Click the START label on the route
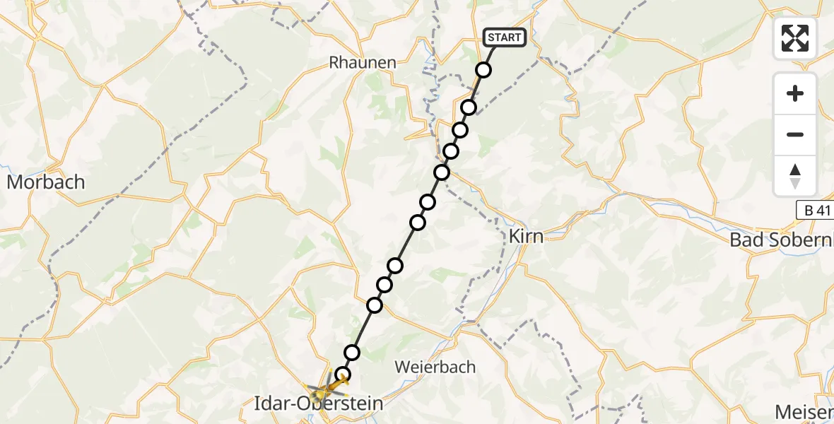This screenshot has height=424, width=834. click(x=505, y=37)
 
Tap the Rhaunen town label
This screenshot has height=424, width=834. click(x=363, y=62)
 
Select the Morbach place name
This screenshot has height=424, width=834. click(x=45, y=182)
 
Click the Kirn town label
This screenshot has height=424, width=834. click(x=527, y=236)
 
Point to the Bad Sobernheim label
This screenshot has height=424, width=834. click(x=781, y=240)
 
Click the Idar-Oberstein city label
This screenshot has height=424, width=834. click(x=318, y=405)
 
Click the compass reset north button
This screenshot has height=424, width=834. click(x=795, y=176)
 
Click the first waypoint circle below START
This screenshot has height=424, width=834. click(x=483, y=70)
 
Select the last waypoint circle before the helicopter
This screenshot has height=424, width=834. click(x=343, y=375)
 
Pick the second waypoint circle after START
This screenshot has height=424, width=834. click(x=469, y=107)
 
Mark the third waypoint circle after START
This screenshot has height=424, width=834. click(x=460, y=130)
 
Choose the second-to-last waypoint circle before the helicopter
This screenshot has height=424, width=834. click(x=352, y=352)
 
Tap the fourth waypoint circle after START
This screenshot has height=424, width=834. click(x=451, y=151)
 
